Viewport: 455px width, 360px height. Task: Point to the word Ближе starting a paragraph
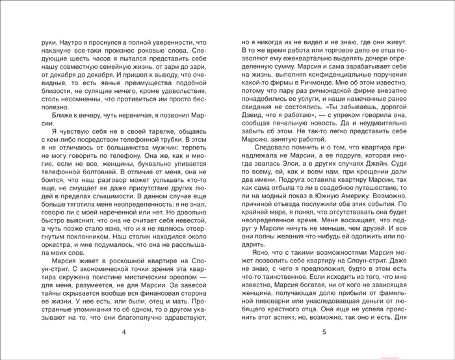pyautogui.click(x=53, y=112)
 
